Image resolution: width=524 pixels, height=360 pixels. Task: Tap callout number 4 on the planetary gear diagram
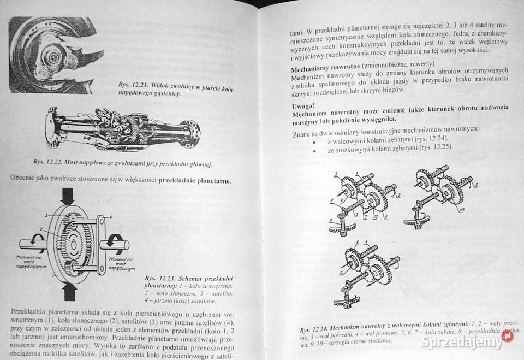[110, 217]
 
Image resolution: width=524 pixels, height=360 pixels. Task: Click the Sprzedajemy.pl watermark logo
[469, 341]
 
